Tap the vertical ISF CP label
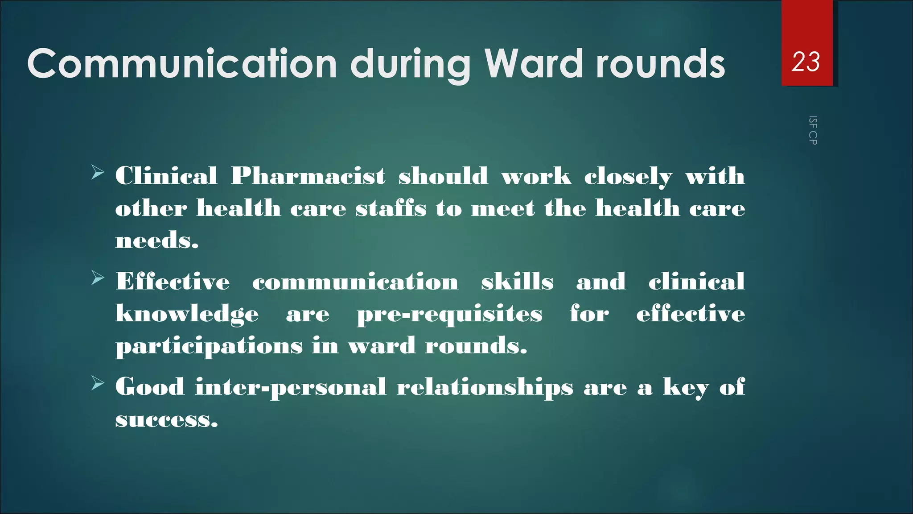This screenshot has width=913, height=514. click(x=813, y=130)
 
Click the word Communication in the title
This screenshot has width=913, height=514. click(x=182, y=64)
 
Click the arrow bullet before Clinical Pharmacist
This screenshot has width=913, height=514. click(x=98, y=172)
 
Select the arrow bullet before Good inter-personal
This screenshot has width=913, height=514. click(x=98, y=383)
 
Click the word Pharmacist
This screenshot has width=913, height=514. click(x=308, y=176)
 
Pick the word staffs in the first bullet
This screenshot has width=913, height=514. click(x=391, y=208)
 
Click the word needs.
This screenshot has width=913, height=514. click(x=156, y=241)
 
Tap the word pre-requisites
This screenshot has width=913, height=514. click(x=449, y=314)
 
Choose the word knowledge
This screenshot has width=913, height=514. click(x=187, y=314)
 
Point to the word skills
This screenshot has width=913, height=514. click(x=517, y=282)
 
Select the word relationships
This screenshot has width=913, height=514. click(x=485, y=387)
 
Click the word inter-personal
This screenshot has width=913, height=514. click(x=291, y=387)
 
